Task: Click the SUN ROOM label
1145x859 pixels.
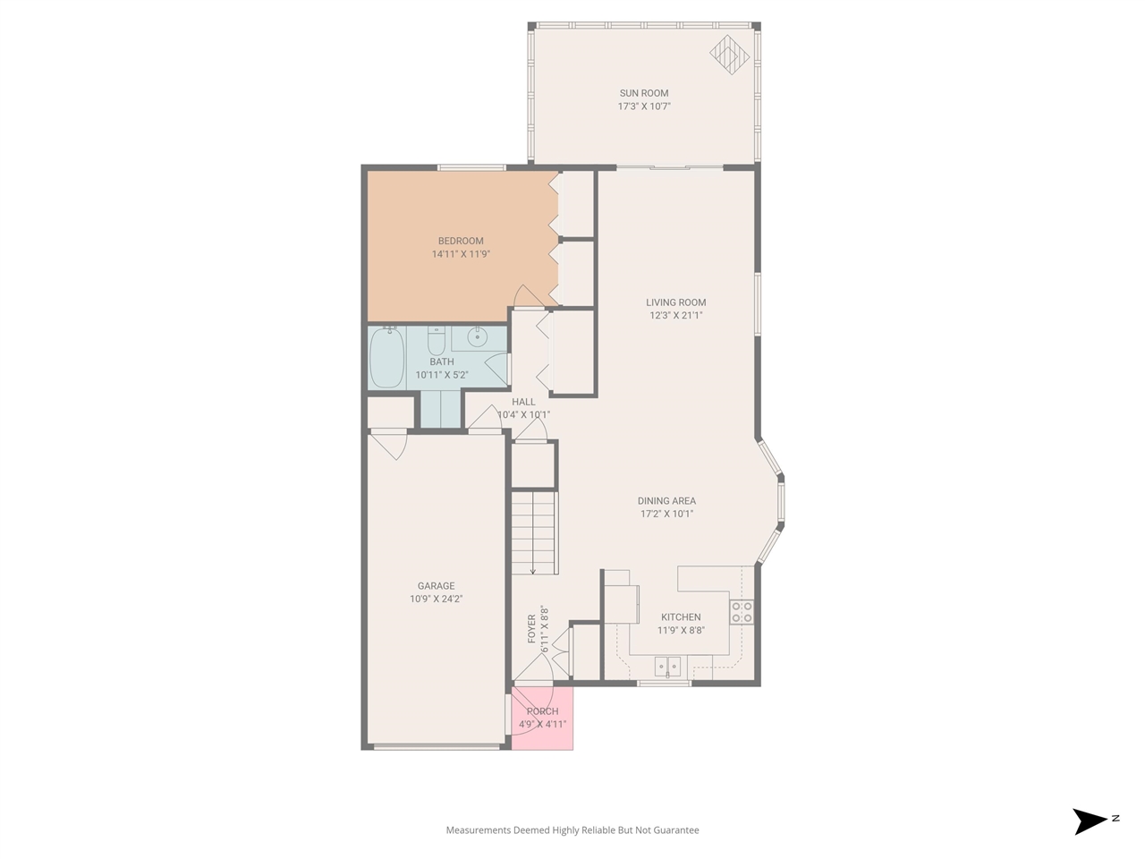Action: [644, 93]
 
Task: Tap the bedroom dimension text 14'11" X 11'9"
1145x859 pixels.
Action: [461, 254]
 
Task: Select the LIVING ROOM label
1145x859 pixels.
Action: [675, 302]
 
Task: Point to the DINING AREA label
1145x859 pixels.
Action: [666, 501]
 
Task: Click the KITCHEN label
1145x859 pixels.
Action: [681, 617]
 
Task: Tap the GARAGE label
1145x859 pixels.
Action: [436, 586]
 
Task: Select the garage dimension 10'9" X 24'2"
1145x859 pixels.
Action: [436, 600]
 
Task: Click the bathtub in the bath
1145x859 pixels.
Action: [387, 357]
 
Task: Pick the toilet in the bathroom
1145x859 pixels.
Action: [437, 341]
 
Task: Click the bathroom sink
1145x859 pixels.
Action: [478, 337]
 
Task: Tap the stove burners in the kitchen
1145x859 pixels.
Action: [742, 612]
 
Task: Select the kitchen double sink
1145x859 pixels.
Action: [667, 666]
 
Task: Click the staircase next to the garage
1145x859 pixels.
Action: [533, 533]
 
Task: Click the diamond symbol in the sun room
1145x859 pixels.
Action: [729, 54]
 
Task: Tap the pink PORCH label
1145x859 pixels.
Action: [542, 711]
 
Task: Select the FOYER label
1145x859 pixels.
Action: [532, 628]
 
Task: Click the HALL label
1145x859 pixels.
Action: [523, 402]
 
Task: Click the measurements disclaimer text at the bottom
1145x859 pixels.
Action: [572, 830]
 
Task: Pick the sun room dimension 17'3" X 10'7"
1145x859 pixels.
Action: [644, 106]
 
